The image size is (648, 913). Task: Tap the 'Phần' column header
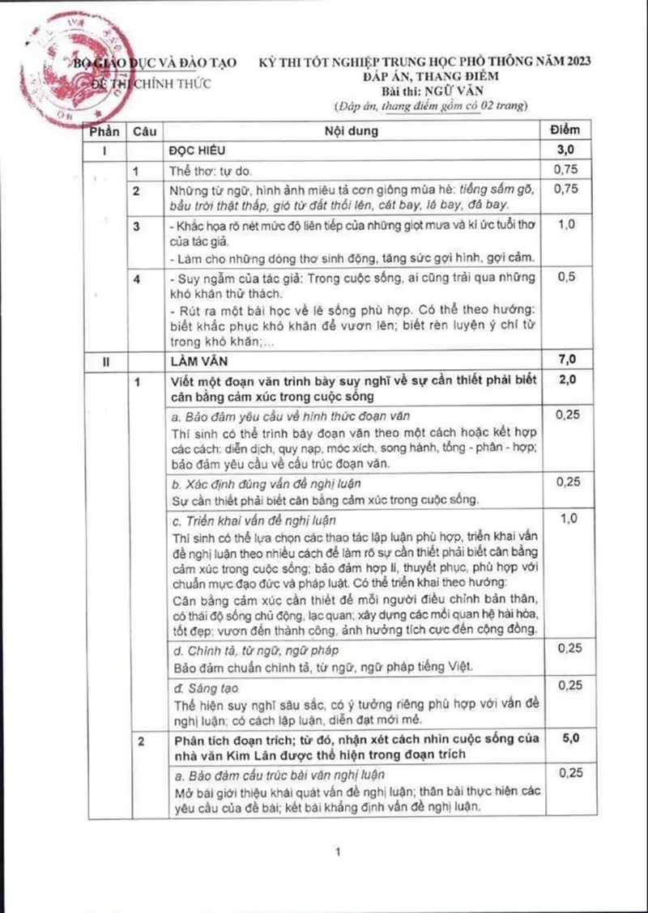coord(105,130)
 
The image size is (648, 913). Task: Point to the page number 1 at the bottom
coord(337,851)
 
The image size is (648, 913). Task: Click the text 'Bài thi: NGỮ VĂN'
coord(431,90)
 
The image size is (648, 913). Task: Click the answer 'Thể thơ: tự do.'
coord(209,171)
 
